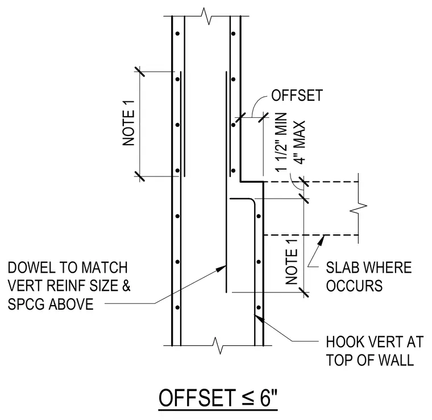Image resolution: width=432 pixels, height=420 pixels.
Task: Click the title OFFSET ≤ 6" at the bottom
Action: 218,397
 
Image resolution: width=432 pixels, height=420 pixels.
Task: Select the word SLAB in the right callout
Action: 342,267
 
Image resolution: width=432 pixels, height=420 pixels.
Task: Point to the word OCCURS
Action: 354,286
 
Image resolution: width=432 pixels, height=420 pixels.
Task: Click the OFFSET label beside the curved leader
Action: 297,96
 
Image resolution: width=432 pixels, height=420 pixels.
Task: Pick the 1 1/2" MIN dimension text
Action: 281,142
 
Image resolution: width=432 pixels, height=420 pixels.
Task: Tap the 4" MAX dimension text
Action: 300,142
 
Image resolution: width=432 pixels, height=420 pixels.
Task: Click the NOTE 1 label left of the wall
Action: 128,123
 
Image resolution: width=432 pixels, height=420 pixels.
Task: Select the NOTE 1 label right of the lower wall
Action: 292,262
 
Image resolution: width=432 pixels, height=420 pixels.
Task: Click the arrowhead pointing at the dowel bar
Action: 222,268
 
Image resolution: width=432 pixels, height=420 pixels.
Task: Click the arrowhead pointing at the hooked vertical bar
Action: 259,319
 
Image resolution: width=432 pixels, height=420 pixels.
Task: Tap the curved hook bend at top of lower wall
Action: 252,201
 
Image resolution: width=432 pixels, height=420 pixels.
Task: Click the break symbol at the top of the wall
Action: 207,17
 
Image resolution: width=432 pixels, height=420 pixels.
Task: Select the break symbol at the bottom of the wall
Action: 218,345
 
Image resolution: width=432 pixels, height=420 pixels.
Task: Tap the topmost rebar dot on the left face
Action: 178,34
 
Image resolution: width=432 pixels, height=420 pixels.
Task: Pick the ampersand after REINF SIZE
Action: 126,286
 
